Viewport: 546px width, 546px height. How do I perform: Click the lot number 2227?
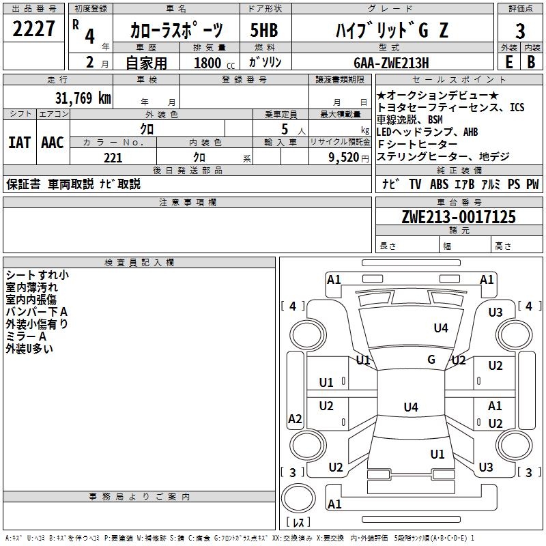pos(33,29)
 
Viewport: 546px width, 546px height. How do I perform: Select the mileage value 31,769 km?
pos(83,98)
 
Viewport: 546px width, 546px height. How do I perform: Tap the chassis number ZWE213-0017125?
pos(459,217)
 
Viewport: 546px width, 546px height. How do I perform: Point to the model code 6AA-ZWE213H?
pos(391,63)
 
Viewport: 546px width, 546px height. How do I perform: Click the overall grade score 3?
pos(520,31)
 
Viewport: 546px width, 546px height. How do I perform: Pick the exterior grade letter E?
pos(509,62)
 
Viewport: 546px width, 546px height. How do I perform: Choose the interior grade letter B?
pos(531,62)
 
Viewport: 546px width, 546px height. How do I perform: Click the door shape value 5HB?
pos(264,30)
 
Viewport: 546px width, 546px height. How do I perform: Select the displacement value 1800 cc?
pos(214,63)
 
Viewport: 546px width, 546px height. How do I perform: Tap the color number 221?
pos(113,158)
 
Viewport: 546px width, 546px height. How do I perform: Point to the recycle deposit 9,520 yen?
pos(349,158)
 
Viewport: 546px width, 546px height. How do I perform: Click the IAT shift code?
pos(20,143)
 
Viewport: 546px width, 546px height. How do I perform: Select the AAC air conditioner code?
pos(53,143)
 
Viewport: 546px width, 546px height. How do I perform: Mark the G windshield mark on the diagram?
pos(431,360)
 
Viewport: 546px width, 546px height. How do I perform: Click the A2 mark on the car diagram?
pos(295,418)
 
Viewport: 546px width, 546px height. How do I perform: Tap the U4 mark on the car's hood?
pos(441,328)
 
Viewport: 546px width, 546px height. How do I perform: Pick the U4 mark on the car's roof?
pos(411,407)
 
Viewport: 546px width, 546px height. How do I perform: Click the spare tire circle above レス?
pos(298,498)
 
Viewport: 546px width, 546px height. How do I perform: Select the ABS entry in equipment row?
pos(439,184)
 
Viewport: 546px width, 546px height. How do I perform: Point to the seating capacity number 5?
pos(285,129)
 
